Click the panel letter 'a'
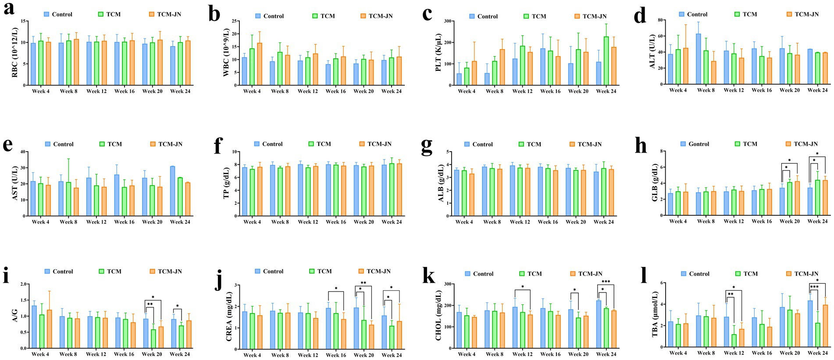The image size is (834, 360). pos(8,9)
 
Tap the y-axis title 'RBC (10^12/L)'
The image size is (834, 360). pos(15,53)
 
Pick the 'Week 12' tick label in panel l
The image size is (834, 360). pos(734,353)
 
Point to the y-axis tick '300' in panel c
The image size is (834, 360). pos(448,21)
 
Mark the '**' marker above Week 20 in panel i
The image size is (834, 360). pos(150,304)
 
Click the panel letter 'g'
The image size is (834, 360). pos(426,146)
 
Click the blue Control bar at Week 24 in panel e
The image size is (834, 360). pos(173,191)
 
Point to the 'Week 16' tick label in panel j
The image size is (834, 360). pos(336,355)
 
